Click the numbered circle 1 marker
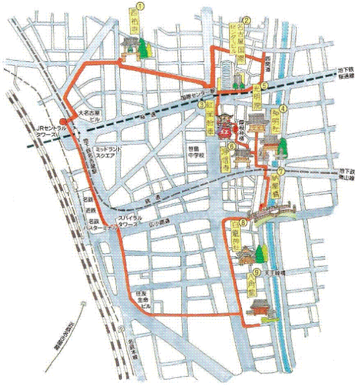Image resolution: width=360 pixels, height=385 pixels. coord(137,6)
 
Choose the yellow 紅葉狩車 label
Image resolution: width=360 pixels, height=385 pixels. coord(210,123)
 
